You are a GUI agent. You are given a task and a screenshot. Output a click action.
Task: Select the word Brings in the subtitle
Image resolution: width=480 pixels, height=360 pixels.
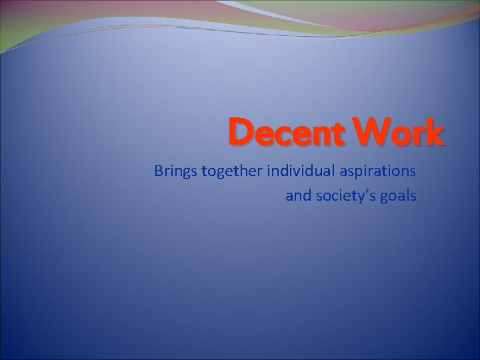click(175, 173)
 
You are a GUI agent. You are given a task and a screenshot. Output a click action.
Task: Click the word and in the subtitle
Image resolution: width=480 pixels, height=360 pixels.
click(297, 196)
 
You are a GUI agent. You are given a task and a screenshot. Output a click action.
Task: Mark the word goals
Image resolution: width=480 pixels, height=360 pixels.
click(399, 197)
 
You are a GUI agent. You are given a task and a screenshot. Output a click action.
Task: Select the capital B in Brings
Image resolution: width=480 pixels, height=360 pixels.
click(159, 171)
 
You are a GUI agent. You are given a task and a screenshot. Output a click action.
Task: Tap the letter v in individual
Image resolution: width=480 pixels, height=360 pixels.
click(293, 173)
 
